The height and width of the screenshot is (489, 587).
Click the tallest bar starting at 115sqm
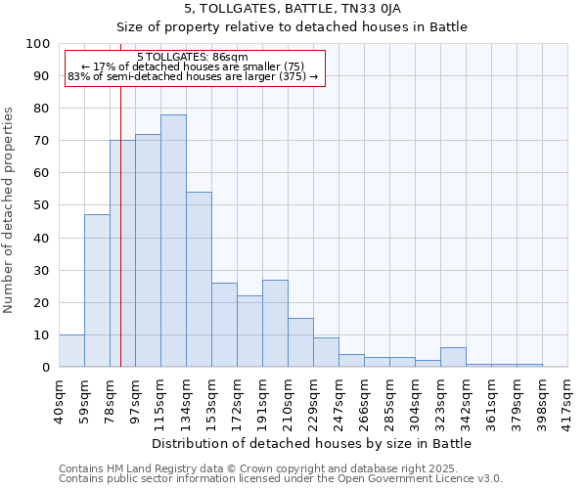173,241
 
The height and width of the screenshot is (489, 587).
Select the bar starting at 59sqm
97,290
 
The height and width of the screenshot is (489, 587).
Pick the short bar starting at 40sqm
71,351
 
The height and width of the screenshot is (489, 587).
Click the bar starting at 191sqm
275,323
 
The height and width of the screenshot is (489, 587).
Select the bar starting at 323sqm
453,357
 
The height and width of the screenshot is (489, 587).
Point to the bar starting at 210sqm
300,342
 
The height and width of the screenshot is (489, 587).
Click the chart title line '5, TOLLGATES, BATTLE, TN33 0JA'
293,9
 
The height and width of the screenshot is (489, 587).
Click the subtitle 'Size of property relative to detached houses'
293,26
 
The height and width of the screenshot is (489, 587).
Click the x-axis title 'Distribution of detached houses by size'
312,443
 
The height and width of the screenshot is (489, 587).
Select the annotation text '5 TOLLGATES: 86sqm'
192,58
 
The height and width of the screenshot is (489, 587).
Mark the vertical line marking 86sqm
120,244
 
